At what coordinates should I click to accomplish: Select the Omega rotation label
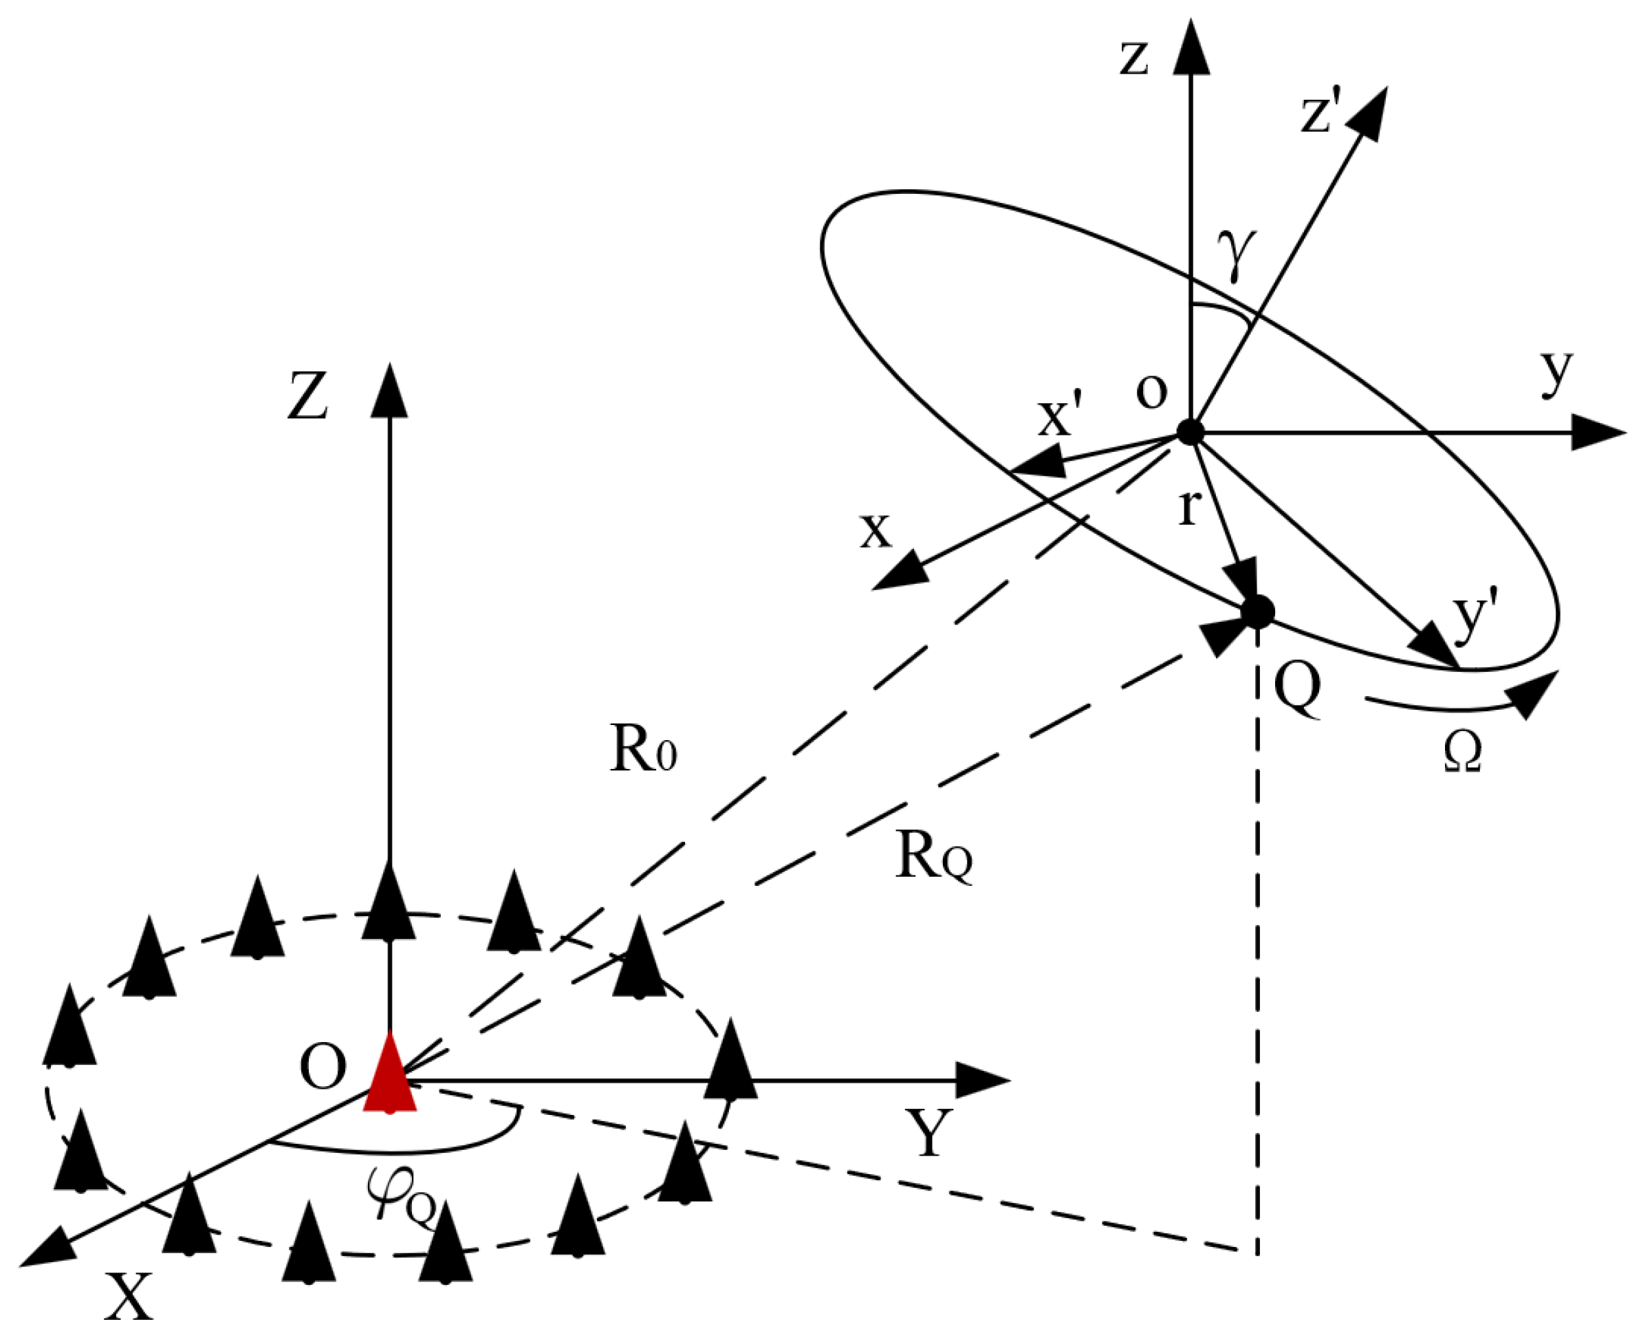(1462, 750)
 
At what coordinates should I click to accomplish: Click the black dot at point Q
(1257, 612)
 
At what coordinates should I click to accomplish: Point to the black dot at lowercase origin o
(1191, 433)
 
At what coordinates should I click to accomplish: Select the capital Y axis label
(928, 1134)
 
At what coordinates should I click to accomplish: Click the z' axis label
(1320, 113)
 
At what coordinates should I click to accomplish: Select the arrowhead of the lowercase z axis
(1191, 47)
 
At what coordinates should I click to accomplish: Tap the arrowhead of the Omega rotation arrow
(1534, 693)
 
